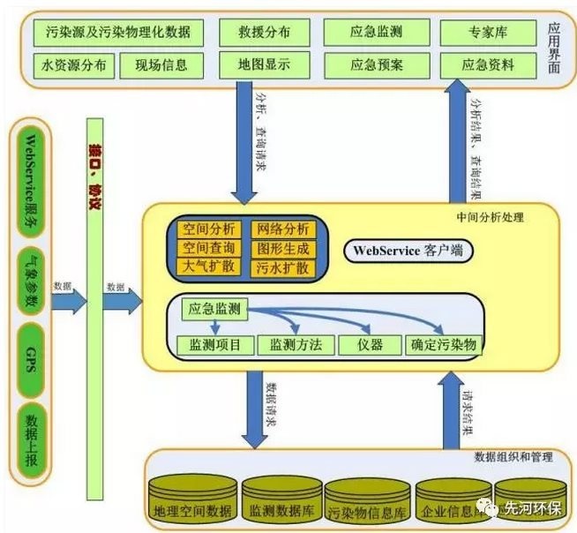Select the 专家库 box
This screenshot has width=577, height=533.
coord(486,33)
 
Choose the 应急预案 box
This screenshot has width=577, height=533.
coord(377,65)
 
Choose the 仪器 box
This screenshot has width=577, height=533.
coord(370,344)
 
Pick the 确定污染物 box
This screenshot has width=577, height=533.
coord(443,344)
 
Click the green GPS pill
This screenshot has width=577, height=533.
coord(30,358)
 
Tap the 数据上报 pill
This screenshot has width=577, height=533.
coord(30,433)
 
